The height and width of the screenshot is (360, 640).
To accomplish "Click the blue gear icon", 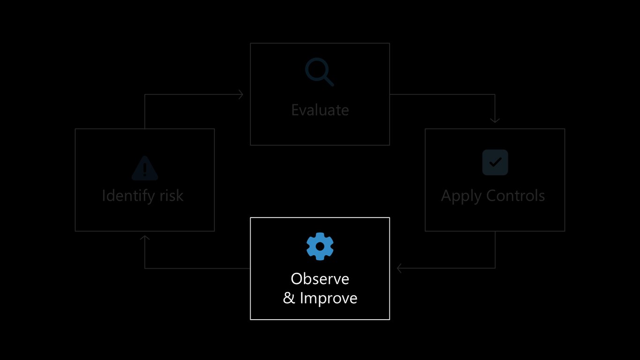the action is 320,246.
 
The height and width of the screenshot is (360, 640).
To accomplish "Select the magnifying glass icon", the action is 320,72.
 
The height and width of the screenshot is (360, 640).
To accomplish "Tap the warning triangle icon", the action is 145,168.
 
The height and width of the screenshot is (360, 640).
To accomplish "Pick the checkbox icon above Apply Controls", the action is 495,162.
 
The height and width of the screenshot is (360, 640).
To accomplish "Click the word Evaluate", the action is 320,110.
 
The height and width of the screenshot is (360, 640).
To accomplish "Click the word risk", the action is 171,195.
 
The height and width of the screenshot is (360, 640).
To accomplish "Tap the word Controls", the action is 515,195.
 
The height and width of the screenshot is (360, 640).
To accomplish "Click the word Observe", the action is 320,279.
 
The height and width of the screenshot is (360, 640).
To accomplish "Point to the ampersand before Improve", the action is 289,298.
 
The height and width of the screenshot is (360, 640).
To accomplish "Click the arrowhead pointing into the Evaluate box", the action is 241,94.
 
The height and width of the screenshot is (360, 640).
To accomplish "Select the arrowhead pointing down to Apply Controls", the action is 495,120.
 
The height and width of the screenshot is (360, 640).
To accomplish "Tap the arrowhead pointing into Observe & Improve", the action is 399,268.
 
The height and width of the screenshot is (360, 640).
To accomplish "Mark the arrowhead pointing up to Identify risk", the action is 145,238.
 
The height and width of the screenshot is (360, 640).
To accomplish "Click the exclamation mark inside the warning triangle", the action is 145,169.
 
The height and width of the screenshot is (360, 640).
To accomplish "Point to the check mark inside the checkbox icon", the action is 495,162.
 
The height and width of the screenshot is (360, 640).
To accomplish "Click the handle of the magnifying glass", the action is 328,81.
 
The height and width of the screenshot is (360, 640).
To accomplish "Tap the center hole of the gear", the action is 320,247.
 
